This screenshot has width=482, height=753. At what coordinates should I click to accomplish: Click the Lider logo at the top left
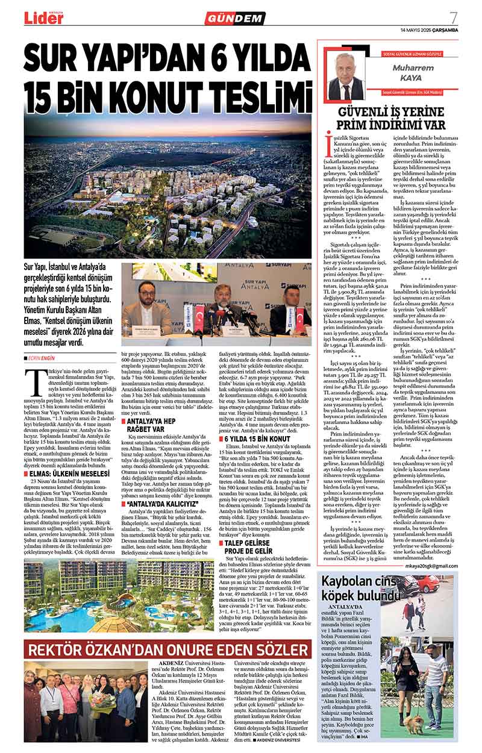click(43, 18)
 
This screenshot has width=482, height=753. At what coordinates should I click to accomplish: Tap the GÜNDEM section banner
click(235, 19)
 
